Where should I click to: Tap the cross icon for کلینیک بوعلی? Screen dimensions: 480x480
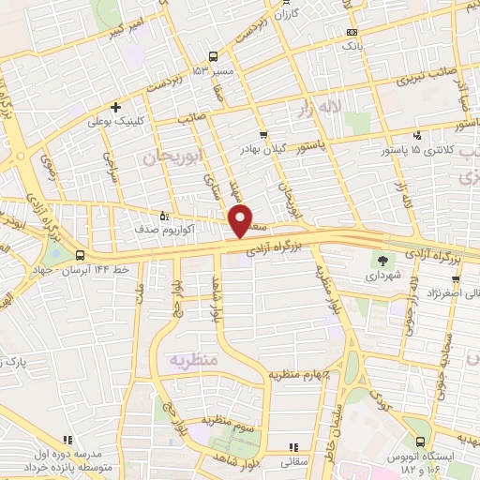114,107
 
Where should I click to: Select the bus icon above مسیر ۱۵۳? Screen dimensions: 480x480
215,55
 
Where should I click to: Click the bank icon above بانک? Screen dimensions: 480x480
350,31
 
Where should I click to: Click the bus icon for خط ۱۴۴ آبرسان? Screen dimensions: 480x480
80,255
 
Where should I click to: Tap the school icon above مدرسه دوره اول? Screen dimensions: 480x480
67,438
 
